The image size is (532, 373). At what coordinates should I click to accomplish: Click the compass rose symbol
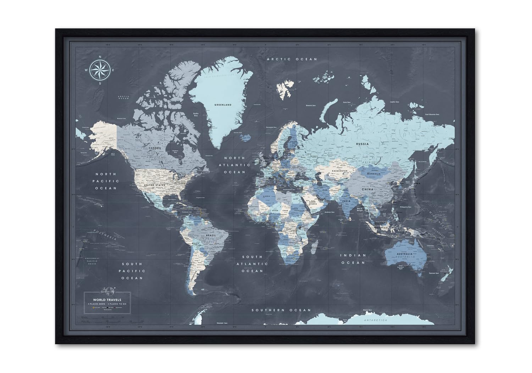(100, 70)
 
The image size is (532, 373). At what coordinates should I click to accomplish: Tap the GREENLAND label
(223, 105)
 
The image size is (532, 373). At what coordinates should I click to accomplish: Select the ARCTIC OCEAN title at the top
(292, 59)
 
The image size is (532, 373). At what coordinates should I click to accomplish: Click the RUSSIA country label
(362, 144)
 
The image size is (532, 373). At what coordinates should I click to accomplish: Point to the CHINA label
(367, 189)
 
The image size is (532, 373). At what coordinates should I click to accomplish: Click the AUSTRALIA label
(405, 254)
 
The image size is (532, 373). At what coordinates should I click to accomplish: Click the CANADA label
(155, 148)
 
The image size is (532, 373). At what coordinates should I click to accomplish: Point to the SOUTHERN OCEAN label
(281, 310)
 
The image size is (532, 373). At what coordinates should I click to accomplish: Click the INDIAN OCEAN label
(353, 259)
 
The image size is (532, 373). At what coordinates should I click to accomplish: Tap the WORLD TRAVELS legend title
(107, 300)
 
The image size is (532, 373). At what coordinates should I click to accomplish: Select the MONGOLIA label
(373, 174)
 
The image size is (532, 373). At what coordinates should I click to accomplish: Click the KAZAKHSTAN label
(339, 171)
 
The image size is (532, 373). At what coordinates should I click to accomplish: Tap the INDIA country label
(346, 201)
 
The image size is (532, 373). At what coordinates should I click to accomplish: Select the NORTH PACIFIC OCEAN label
(105, 181)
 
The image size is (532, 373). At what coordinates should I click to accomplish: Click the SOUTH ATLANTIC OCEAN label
(252, 264)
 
